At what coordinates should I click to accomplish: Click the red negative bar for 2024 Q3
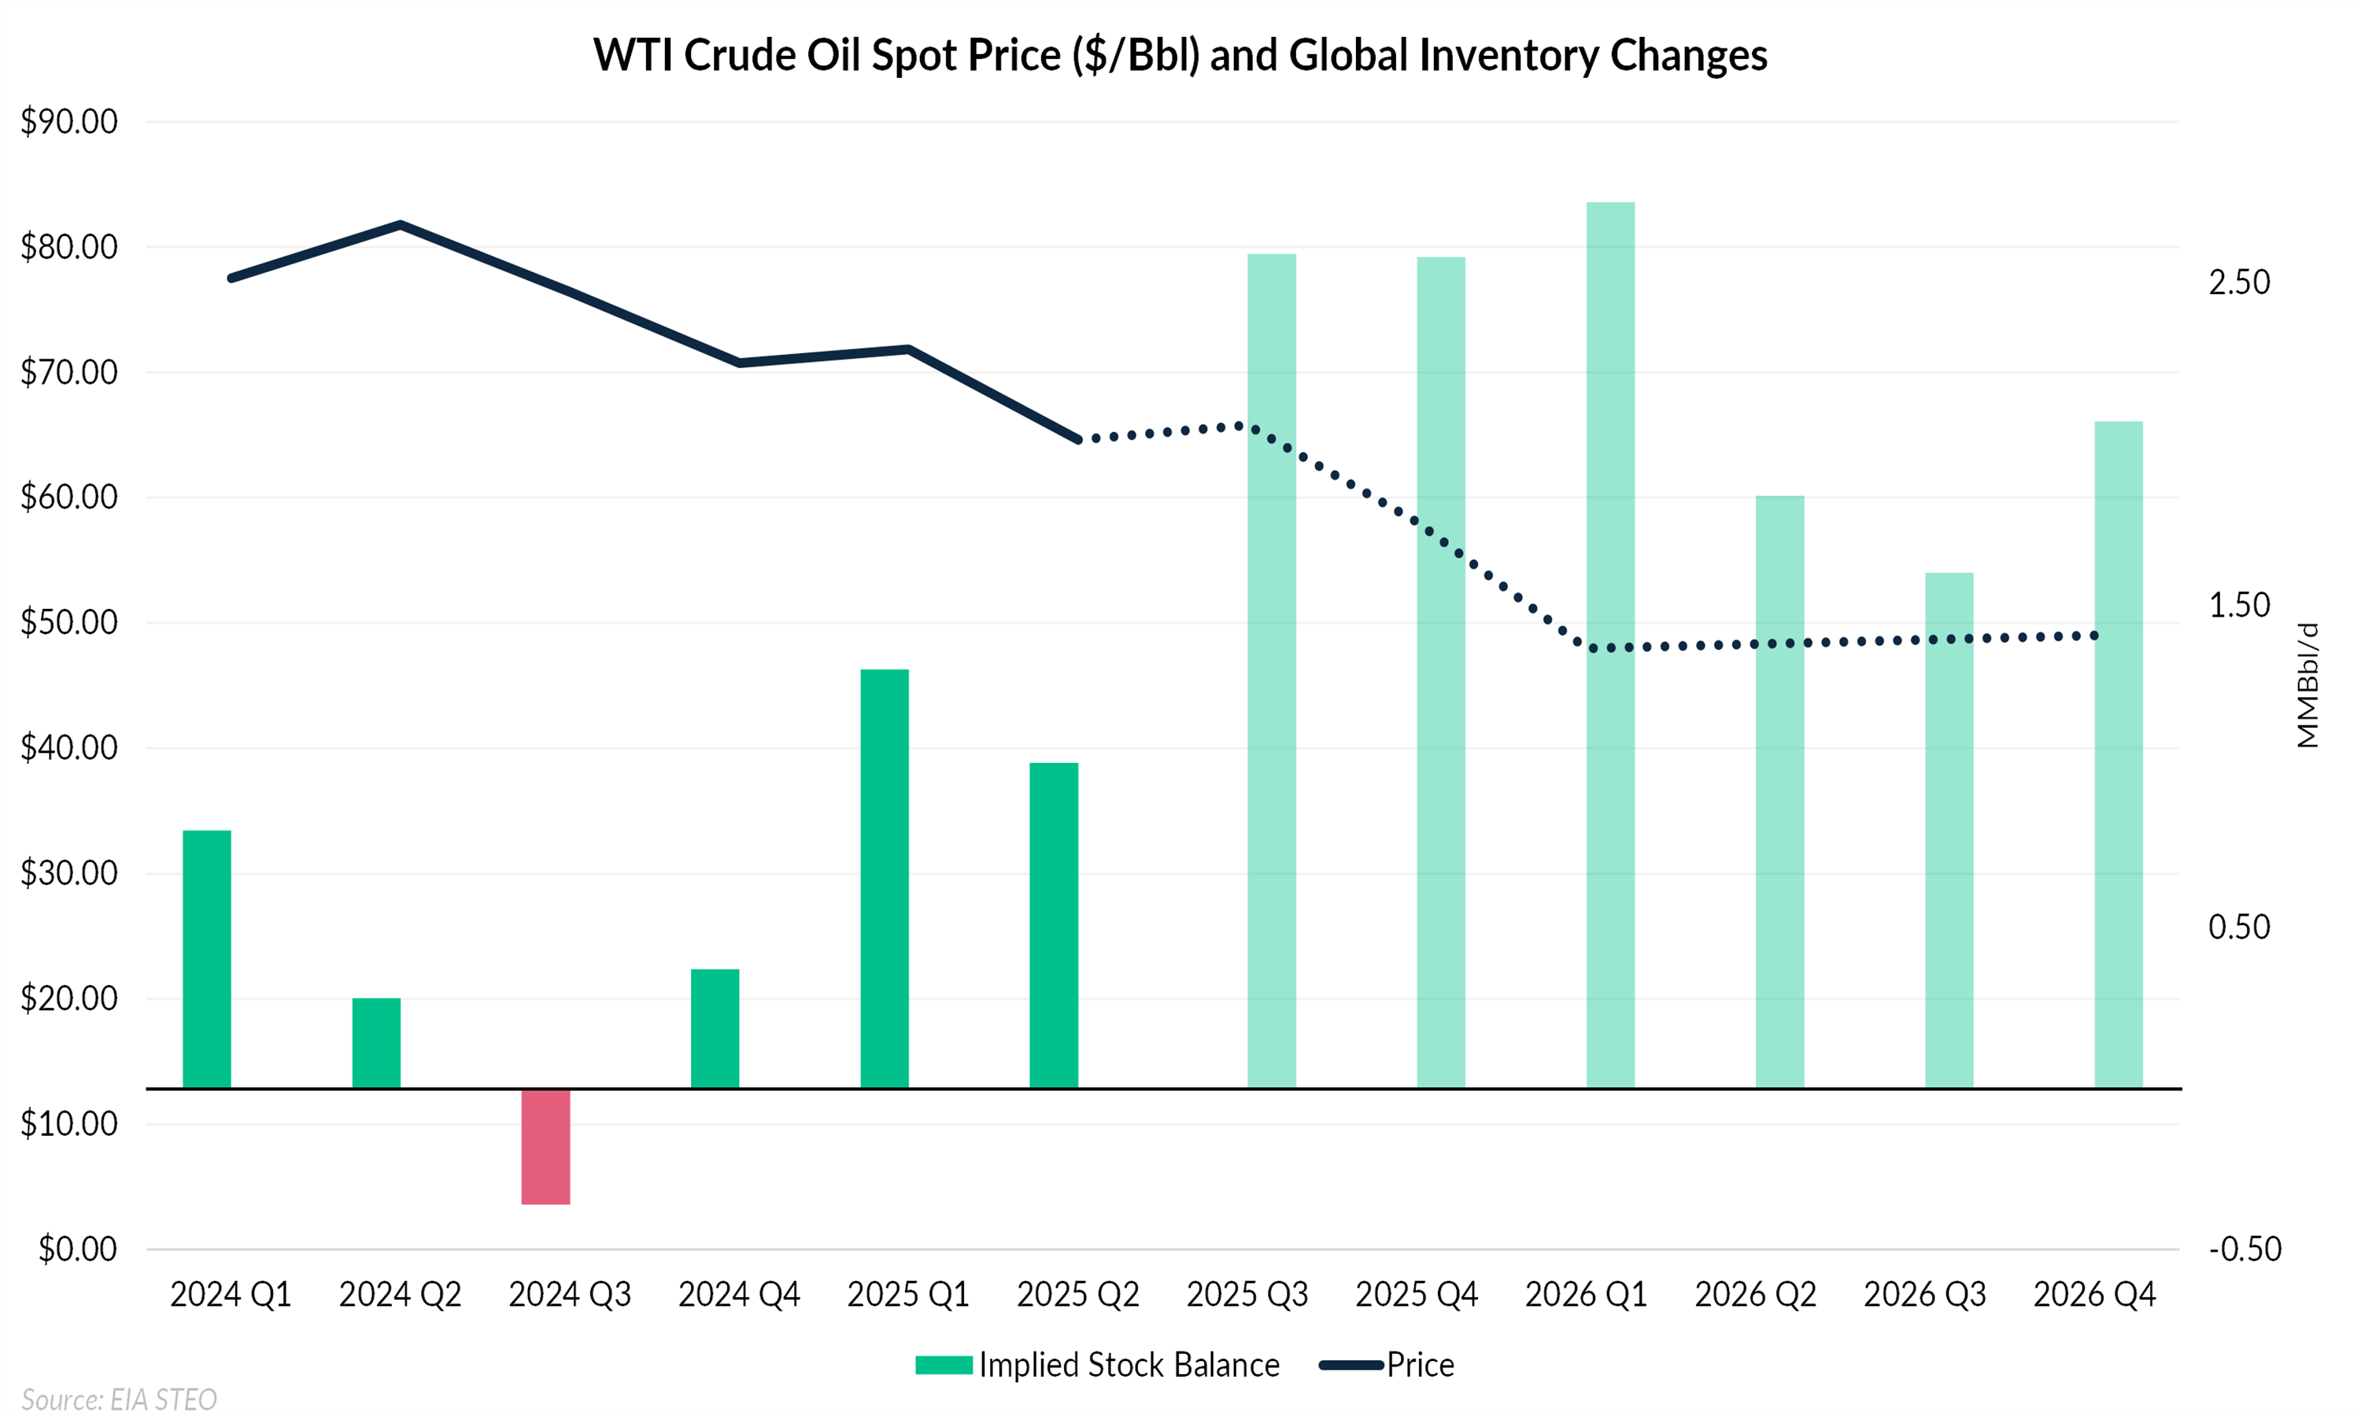pyautogui.click(x=546, y=1146)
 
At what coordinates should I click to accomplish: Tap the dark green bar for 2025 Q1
pyautogui.click(x=885, y=878)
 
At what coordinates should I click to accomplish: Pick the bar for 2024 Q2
pyautogui.click(x=376, y=1043)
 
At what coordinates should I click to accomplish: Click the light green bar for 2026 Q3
pyautogui.click(x=1949, y=830)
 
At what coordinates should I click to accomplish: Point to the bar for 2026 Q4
pyautogui.click(x=2119, y=754)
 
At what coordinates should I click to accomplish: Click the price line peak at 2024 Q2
pyautogui.click(x=401, y=225)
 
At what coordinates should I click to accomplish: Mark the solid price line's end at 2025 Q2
pyautogui.click(x=1078, y=440)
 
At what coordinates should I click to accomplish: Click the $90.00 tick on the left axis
pyautogui.click(x=68, y=122)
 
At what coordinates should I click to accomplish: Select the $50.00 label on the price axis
pyautogui.click(x=68, y=623)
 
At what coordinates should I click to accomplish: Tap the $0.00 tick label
pyautogui.click(x=77, y=1249)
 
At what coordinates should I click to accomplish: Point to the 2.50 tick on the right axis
pyautogui.click(x=2239, y=282)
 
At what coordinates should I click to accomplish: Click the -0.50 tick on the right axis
pyautogui.click(x=2245, y=1249)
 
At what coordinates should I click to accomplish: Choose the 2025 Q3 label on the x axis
pyautogui.click(x=1247, y=1295)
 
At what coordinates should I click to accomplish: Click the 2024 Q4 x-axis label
pyautogui.click(x=739, y=1295)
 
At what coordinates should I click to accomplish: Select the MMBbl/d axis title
pyautogui.click(x=2307, y=685)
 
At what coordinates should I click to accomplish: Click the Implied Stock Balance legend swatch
pyautogui.click(x=943, y=1366)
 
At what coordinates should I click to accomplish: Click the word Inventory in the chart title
pyautogui.click(x=1508, y=55)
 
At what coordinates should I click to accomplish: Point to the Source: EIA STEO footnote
pyautogui.click(x=120, y=1399)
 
